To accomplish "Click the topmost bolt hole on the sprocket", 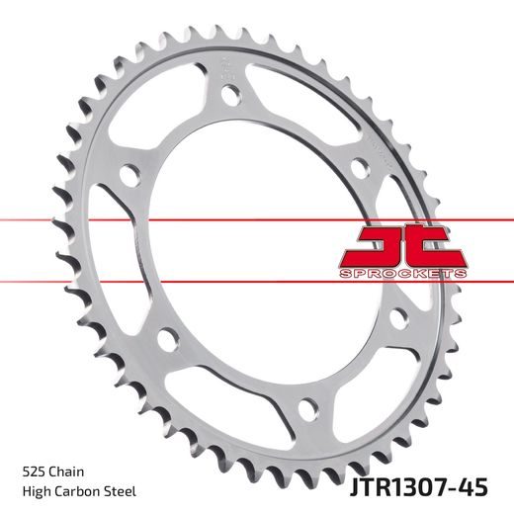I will click(229, 96).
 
